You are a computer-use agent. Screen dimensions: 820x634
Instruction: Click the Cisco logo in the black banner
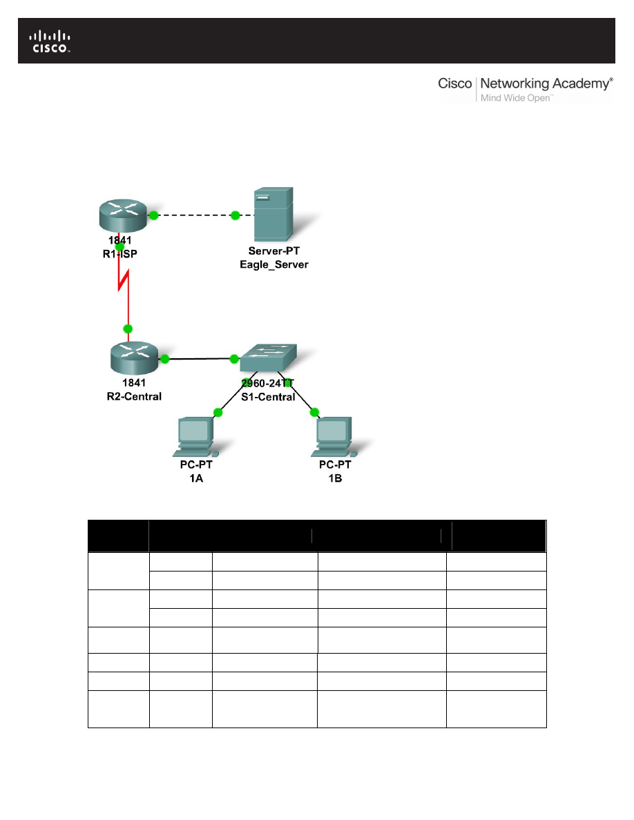coord(49,41)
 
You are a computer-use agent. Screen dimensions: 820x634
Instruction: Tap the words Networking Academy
coord(546,84)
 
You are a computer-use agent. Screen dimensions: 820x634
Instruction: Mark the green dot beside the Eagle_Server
coord(236,216)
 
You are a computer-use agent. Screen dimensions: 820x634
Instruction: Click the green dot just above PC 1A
coord(218,412)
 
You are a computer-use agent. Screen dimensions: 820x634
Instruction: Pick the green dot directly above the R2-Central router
coord(127,329)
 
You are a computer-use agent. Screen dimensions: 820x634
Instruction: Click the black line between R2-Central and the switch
coord(199,359)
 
